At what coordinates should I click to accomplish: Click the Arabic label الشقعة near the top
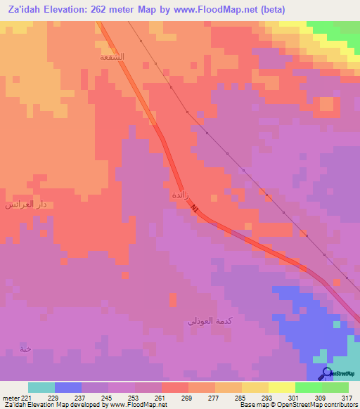pos(112,56)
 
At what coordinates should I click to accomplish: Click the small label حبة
pos(26,349)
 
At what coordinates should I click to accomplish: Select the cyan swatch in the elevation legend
pos(41,387)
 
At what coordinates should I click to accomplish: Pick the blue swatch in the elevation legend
pos(68,387)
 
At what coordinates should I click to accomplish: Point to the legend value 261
pos(161,398)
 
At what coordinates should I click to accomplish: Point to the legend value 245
pos(108,398)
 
